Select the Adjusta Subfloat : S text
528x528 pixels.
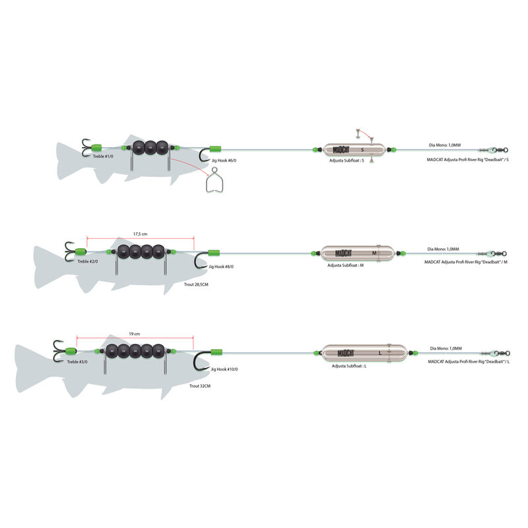346,160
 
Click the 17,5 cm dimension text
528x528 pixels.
140,234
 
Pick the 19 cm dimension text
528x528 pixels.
135,334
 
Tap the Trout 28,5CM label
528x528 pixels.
197,286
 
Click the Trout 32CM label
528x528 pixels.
200,385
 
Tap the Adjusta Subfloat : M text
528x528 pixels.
346,265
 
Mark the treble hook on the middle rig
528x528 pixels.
69,251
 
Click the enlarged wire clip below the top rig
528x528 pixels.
215,181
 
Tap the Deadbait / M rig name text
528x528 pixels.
467,262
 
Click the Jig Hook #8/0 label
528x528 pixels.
221,267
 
